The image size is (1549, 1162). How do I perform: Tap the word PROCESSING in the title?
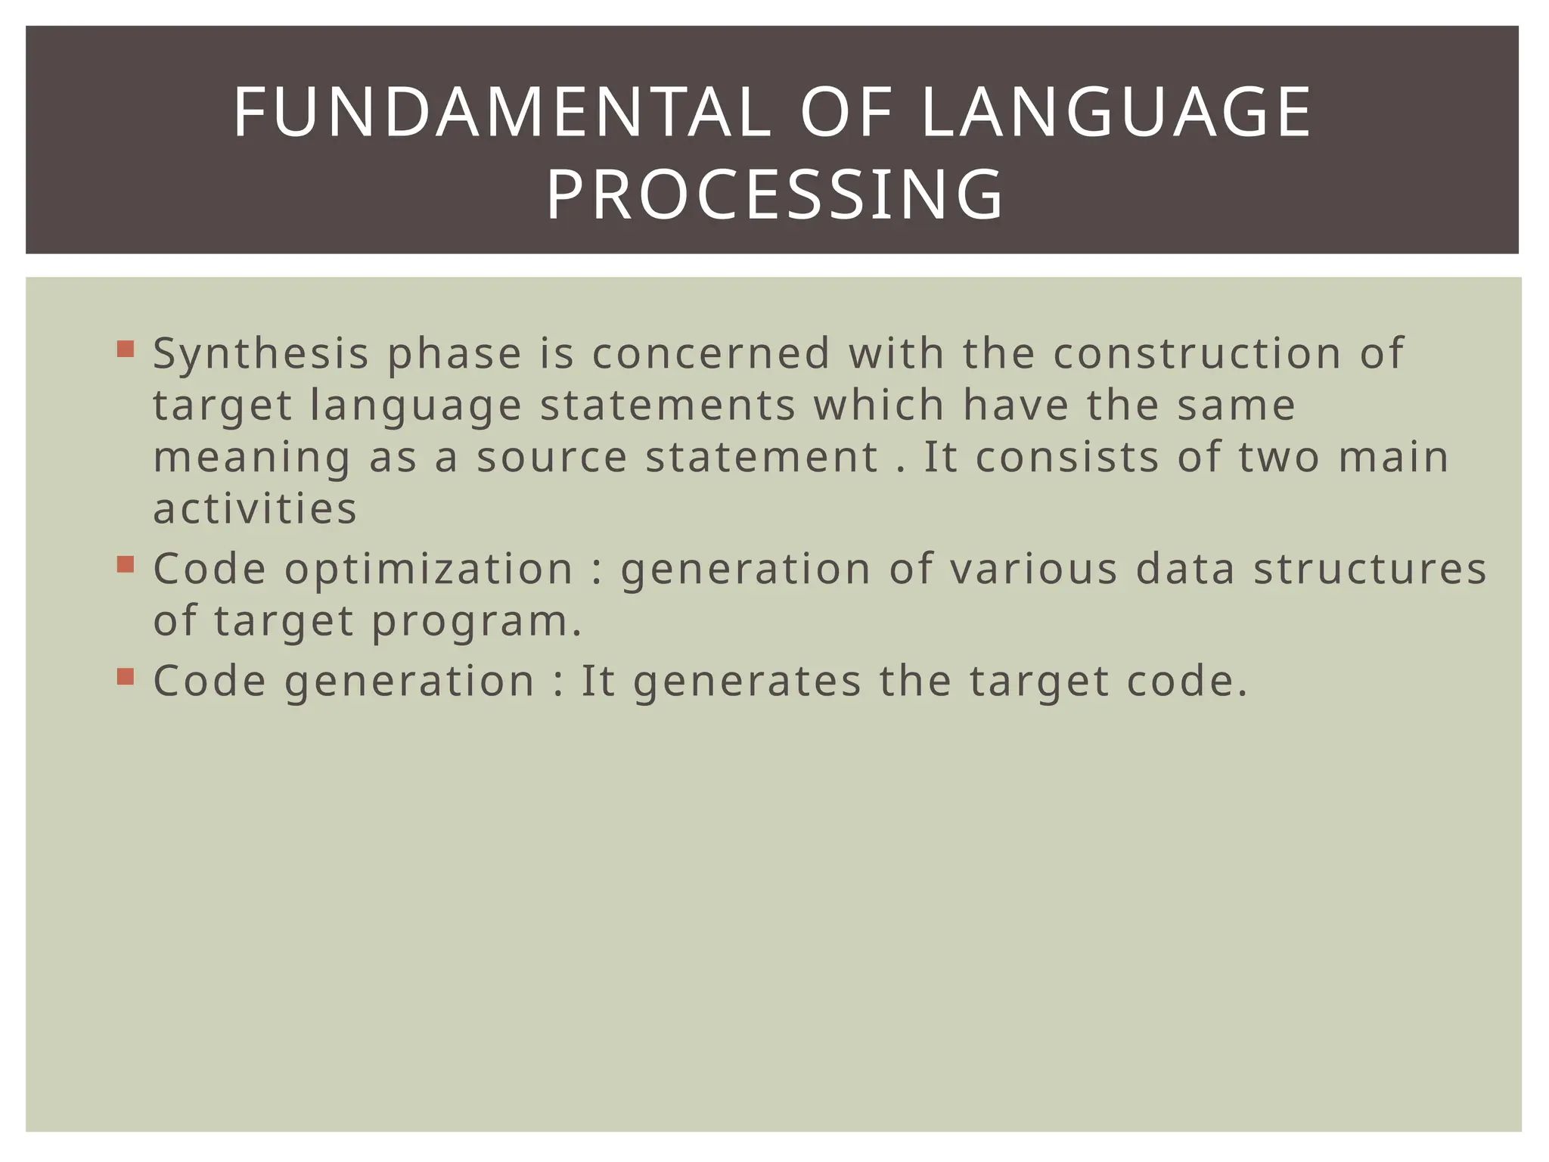(774, 195)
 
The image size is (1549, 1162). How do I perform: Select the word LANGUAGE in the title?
(1116, 113)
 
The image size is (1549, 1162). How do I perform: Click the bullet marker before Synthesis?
(126, 350)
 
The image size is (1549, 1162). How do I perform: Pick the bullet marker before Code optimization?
(126, 564)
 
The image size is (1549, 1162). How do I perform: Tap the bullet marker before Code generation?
(126, 676)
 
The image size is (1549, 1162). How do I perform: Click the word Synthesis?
(261, 354)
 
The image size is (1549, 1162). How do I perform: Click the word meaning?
(252, 458)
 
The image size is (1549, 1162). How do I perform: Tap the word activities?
(255, 508)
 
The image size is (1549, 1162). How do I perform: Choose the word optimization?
(429, 570)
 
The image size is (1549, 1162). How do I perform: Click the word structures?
(1370, 570)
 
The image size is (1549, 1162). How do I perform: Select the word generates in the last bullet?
(747, 681)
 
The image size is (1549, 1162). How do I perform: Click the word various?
(1033, 570)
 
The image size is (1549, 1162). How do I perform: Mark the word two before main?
(1279, 458)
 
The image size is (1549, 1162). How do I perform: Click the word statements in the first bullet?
(668, 405)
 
